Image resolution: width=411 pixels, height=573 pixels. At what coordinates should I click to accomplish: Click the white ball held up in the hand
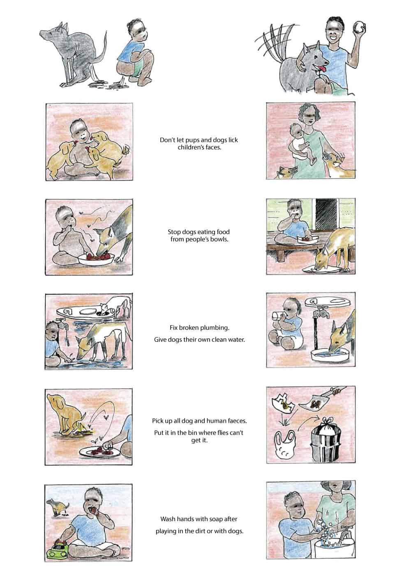[x=358, y=28]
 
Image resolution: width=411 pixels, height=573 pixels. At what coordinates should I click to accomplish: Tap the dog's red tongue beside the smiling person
[x=323, y=69]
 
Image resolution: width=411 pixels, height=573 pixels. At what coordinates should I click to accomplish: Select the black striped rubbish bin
[x=326, y=440]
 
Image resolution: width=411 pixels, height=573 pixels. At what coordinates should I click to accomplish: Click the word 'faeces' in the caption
[x=237, y=421]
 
